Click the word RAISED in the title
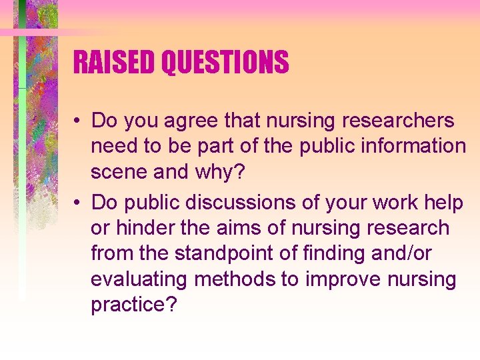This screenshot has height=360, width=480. pyautogui.click(x=114, y=63)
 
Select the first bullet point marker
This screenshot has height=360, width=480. pyautogui.click(x=79, y=121)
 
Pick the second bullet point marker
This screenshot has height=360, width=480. pyautogui.click(x=79, y=201)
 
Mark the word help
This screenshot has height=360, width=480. pyautogui.click(x=438, y=201)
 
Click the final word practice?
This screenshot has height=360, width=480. pyautogui.click(x=134, y=305)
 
